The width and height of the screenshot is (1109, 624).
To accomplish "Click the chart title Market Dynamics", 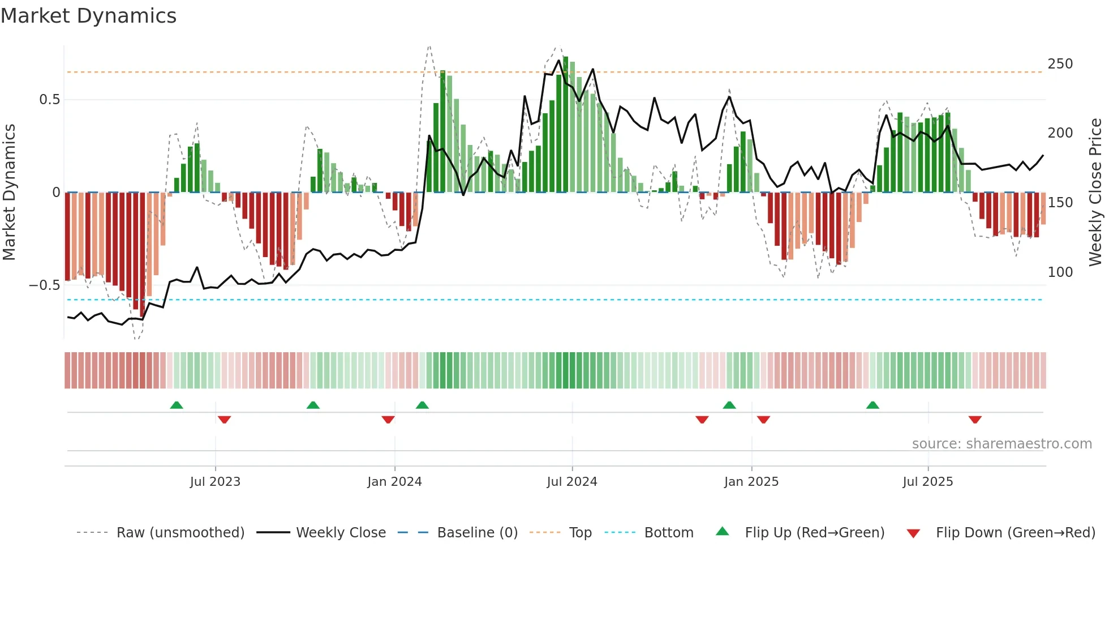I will [x=88, y=16].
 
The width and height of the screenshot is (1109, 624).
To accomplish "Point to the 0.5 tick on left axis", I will [x=49, y=100].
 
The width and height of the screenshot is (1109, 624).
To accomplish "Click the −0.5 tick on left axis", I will [x=45, y=285].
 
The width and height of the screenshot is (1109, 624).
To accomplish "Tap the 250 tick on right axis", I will [x=1060, y=64].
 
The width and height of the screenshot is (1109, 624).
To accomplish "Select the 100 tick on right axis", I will [x=1060, y=272].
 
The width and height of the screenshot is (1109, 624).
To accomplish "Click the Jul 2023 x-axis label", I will [x=215, y=482].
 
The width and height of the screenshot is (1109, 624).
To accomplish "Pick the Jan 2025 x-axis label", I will [x=751, y=482].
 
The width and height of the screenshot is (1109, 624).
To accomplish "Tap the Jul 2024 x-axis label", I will [x=571, y=482].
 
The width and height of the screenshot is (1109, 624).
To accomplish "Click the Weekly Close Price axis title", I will [x=1095, y=193].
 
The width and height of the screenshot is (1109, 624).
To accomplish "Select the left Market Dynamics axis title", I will [x=9, y=193].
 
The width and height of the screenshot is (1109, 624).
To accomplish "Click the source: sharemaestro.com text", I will [x=1001, y=444].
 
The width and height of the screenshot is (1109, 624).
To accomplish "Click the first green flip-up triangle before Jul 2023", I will [x=177, y=405].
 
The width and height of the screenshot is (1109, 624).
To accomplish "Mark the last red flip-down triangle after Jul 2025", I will [x=974, y=420].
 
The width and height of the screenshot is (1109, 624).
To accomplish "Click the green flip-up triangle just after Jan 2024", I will [x=422, y=405].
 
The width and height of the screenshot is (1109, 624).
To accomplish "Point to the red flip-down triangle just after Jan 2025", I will [x=763, y=420].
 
